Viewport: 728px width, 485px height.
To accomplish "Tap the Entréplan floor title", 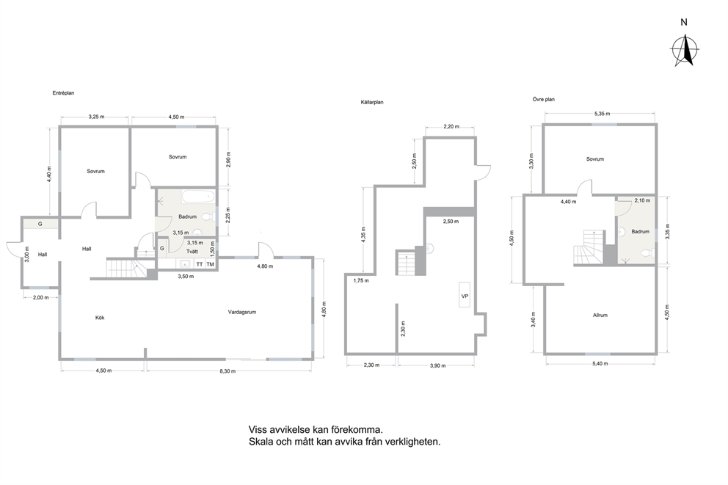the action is pos(63,93).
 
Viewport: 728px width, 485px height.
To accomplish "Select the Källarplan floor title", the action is pos(372,102).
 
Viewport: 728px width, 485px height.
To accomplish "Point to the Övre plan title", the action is pos(543,99).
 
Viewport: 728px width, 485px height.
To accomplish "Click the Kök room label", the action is pos(100,318).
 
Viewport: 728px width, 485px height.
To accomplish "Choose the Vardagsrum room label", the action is pos(242,312).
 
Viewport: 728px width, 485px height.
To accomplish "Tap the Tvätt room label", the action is pos(192,251).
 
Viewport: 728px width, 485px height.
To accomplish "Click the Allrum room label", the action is pos(600,315).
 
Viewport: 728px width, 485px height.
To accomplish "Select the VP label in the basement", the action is pos(465,296).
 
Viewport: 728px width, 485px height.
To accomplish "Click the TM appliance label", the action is pos(211,264).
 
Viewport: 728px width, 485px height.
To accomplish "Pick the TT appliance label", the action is pos(199,264).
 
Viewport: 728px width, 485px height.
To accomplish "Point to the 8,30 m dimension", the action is pos(227,371).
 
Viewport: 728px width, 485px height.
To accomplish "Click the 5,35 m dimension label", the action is pos(603,114).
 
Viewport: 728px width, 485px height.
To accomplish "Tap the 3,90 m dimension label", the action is pos(437,365).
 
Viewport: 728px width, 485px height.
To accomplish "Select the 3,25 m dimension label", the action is pos(97,117).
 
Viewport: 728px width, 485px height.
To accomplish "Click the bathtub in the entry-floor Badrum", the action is pos(198,197).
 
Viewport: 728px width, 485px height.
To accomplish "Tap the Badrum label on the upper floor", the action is pos(640,231).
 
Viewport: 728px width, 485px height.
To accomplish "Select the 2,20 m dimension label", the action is pos(451,126).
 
